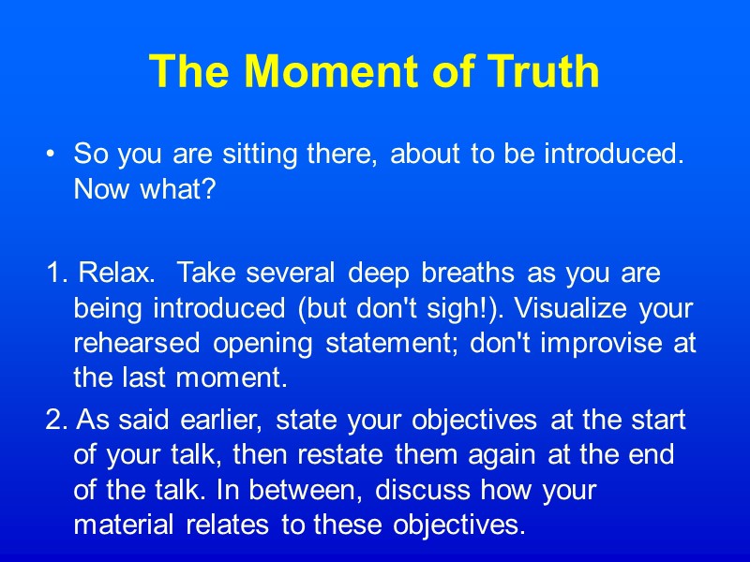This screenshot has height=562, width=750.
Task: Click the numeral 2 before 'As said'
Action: [x=52, y=421]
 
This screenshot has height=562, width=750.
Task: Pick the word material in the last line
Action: [x=122, y=525]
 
